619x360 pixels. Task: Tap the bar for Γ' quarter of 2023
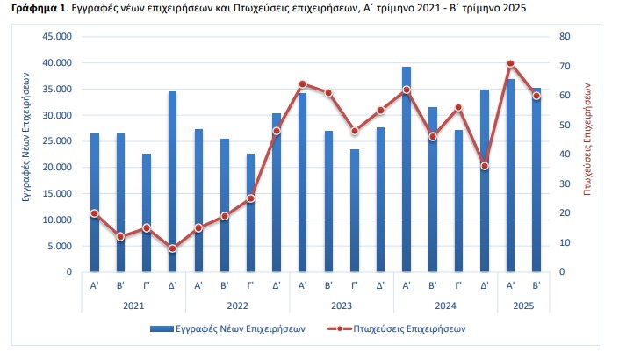pos(355,211)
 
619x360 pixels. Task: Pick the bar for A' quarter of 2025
pos(510,176)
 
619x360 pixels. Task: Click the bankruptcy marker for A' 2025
pos(510,63)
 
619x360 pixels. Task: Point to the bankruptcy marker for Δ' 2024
pos(485,166)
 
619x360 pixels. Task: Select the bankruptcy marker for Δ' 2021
pos(172,248)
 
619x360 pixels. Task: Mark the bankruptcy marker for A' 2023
pos(302,84)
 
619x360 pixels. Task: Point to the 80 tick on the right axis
pos(564,37)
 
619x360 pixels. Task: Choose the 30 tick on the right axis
pos(564,184)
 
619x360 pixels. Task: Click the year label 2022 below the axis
pos(237,305)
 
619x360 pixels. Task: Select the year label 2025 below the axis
pos(523,305)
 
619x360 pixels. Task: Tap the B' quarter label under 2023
pos(328,285)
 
